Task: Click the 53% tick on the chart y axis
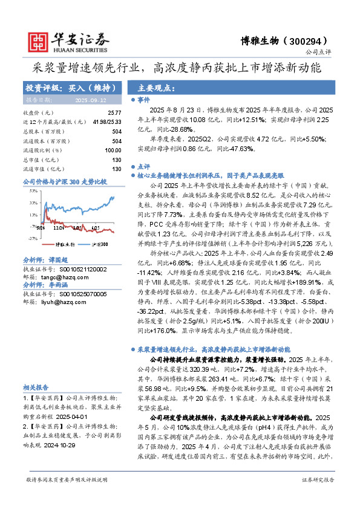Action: [33, 190]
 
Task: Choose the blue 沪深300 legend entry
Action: [97, 244]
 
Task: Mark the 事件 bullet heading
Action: [144, 99]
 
